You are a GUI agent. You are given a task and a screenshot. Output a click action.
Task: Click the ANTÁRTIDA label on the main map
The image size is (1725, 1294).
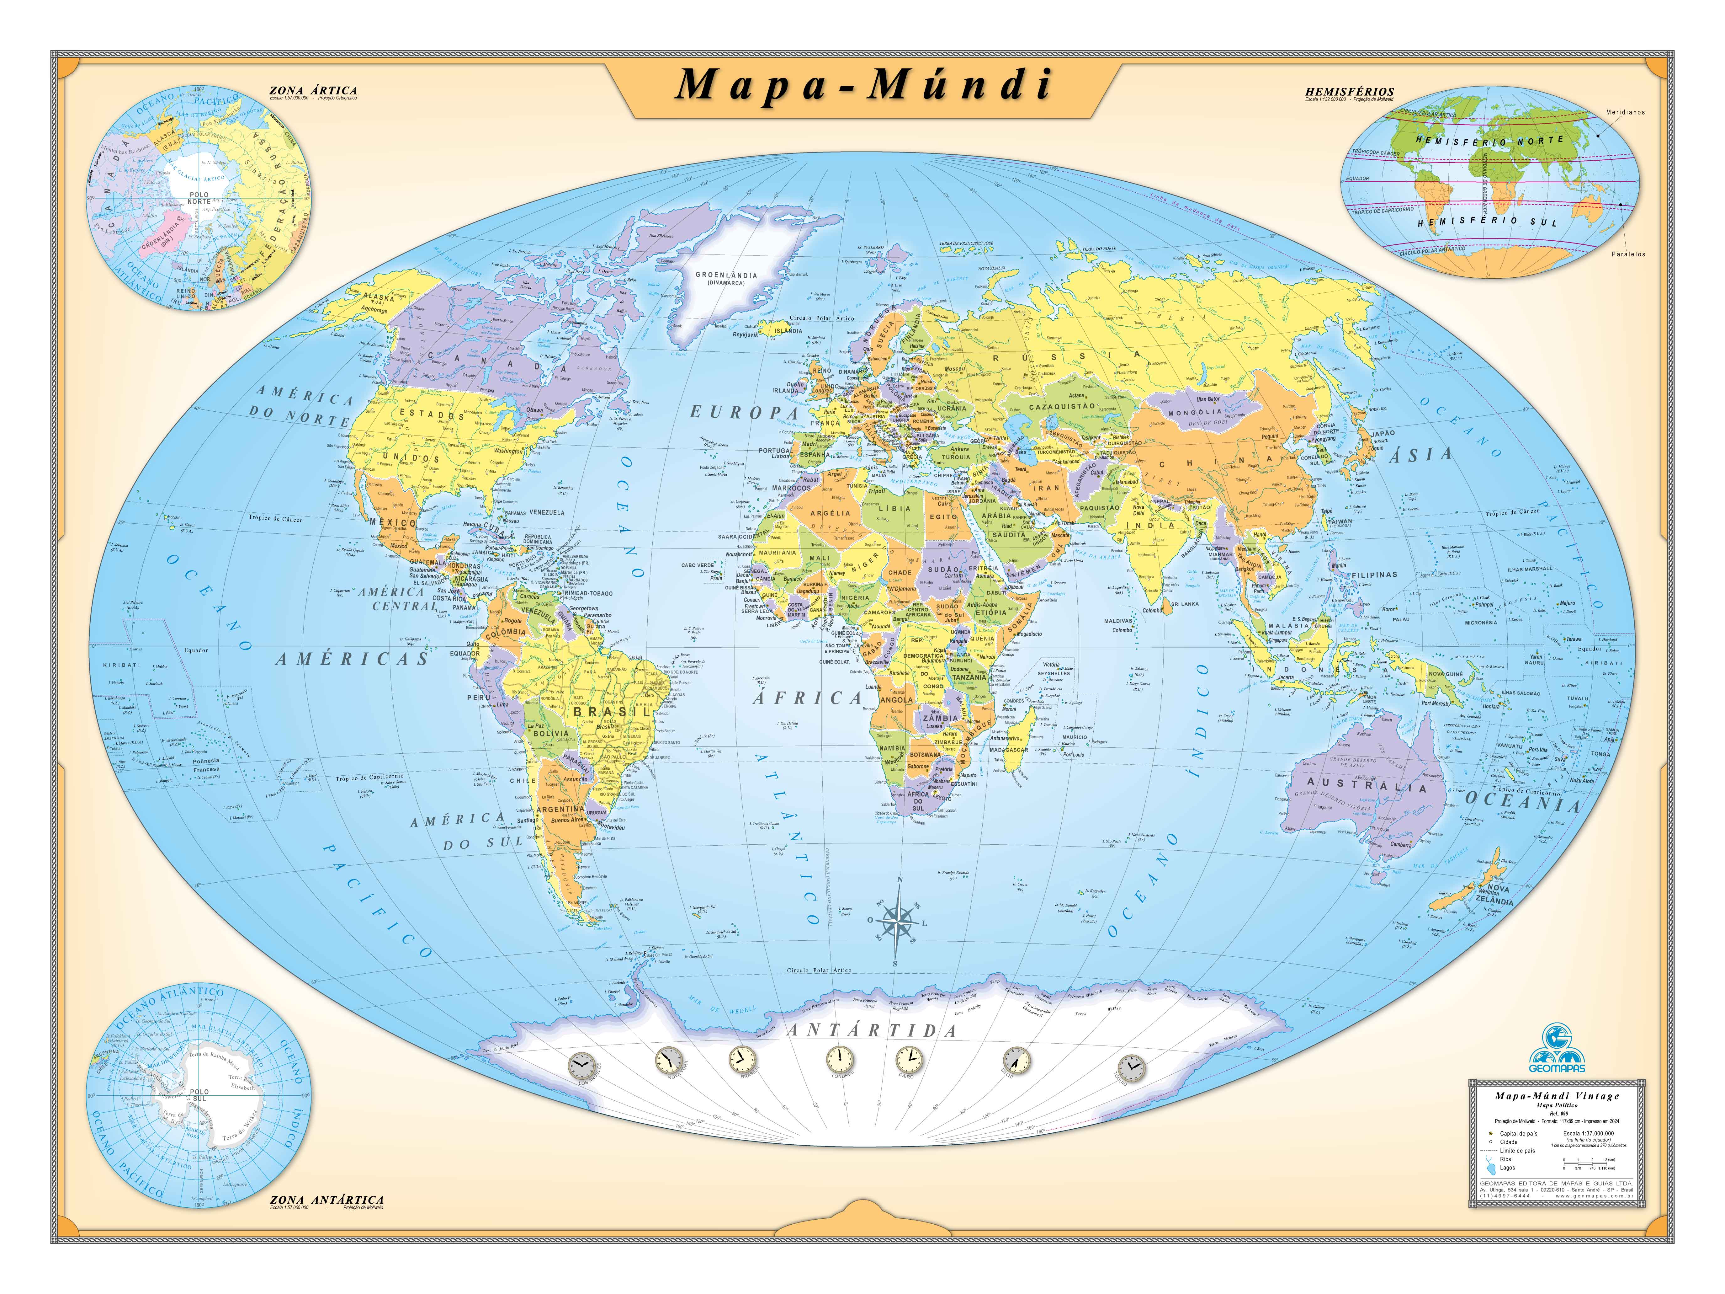pos(872,1030)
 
